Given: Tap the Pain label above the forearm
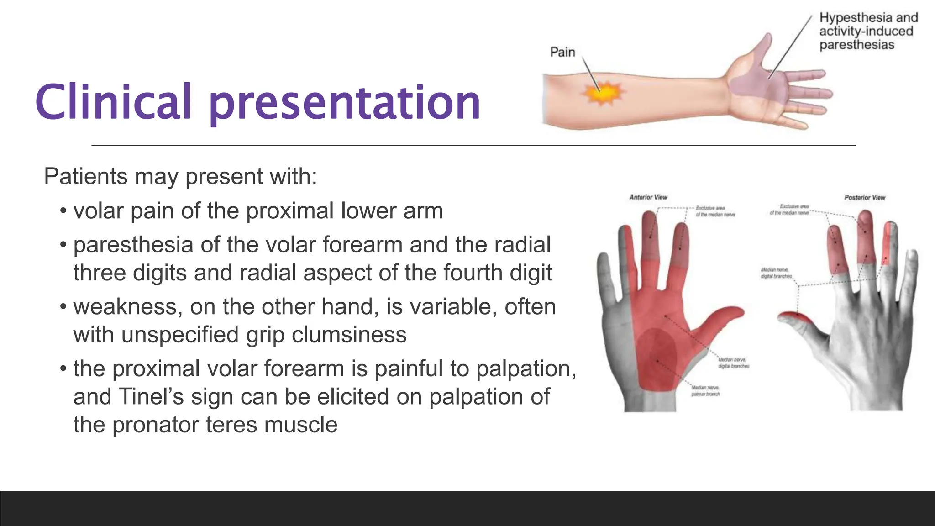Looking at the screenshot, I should pos(562,52).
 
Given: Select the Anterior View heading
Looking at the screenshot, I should pos(648,197).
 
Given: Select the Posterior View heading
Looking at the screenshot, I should pos(864,198).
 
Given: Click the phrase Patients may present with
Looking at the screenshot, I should pos(180,177).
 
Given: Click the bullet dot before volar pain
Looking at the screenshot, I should pos(63,211).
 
